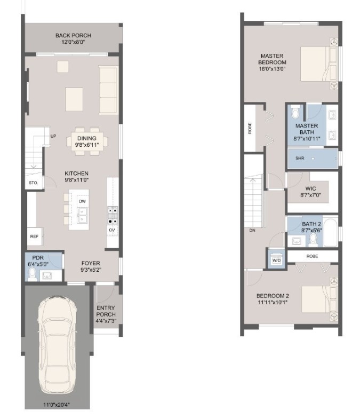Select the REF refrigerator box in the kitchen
[34, 236]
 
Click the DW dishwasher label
[82, 201]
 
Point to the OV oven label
[112, 230]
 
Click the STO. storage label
[33, 183]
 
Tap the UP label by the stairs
[53, 136]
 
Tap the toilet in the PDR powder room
[33, 274]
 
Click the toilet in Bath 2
[313, 241]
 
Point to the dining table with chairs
[86, 141]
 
